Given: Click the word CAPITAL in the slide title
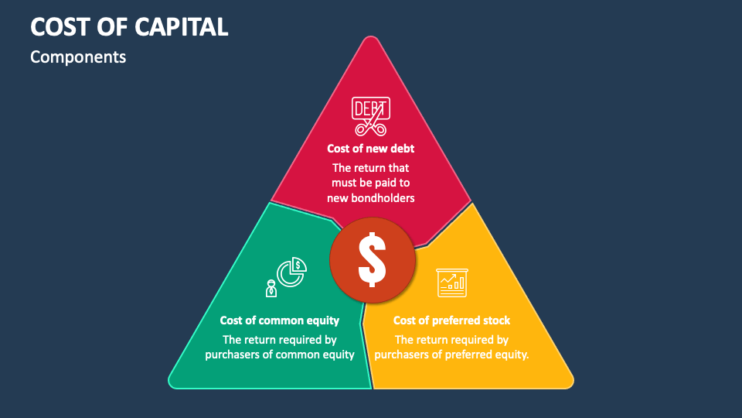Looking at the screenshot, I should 182,26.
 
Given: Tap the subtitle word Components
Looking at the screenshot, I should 77,57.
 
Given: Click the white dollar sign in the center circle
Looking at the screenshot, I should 372,259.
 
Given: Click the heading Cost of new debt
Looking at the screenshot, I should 371,149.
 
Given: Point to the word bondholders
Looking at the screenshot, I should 385,197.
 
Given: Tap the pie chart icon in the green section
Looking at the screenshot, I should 292,272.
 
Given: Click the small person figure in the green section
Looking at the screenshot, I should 271,289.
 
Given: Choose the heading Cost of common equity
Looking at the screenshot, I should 280,320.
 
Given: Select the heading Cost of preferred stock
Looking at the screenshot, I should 451,320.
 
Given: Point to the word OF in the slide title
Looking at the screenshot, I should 111,26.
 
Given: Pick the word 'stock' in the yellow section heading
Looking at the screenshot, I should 495,320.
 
